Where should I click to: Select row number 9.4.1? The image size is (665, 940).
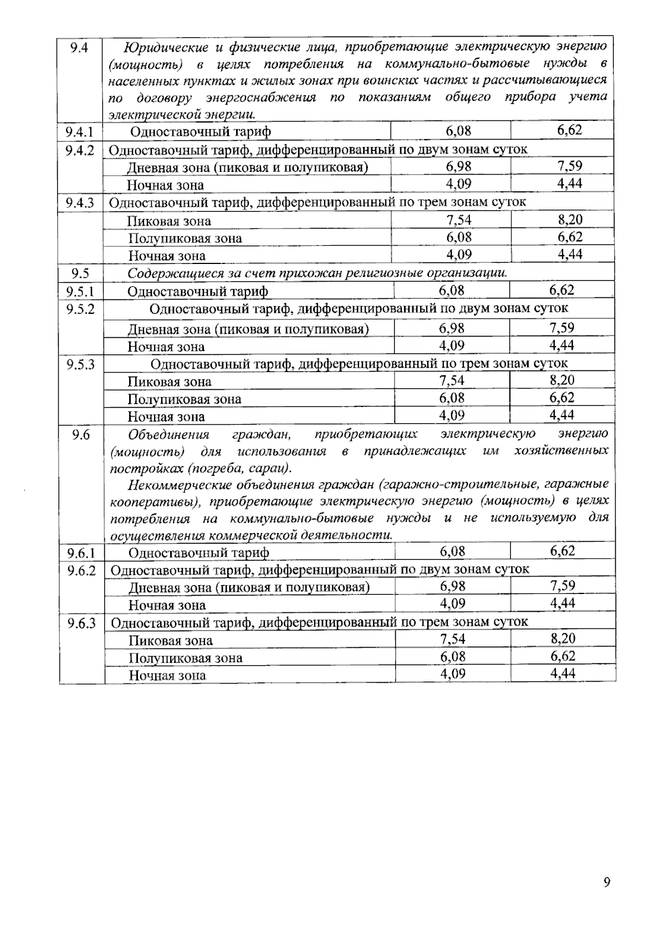[79, 132]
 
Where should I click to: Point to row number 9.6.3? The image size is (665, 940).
[81, 623]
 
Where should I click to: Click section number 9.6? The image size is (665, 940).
[81, 435]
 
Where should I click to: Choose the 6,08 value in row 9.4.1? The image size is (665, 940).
[458, 131]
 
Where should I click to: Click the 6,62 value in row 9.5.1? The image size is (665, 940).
[562, 290]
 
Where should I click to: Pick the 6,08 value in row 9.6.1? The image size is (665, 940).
[452, 551]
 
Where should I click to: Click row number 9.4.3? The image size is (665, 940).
[80, 203]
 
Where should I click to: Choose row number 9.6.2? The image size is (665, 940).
[81, 571]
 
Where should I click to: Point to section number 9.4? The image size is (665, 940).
[79, 48]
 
